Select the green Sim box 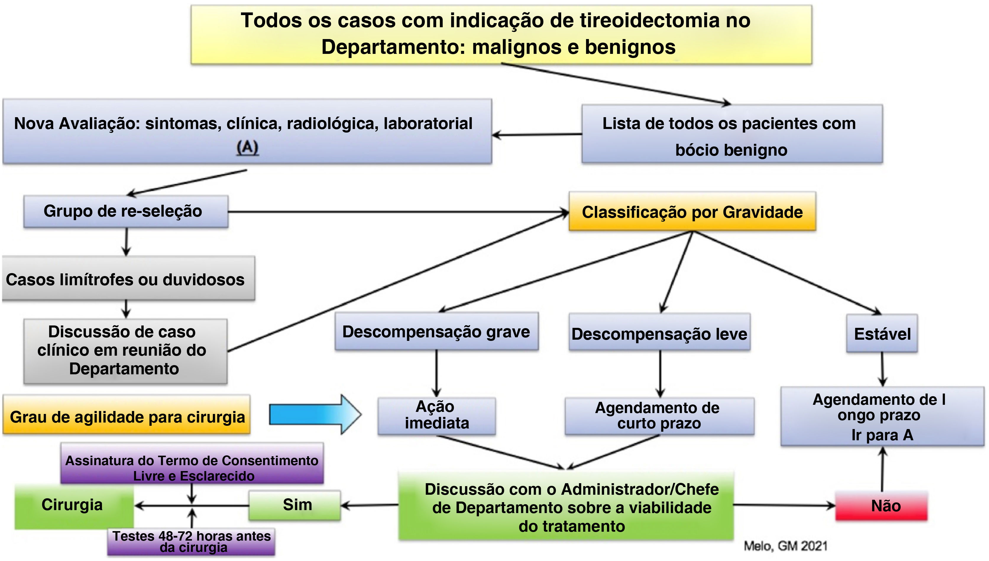click(295, 505)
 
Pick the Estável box click(882, 334)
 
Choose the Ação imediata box click(437, 415)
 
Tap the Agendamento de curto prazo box click(659, 415)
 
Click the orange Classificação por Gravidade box click(692, 212)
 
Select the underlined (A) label click(247, 147)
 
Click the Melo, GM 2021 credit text click(785, 546)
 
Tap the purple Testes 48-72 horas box click(191, 541)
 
